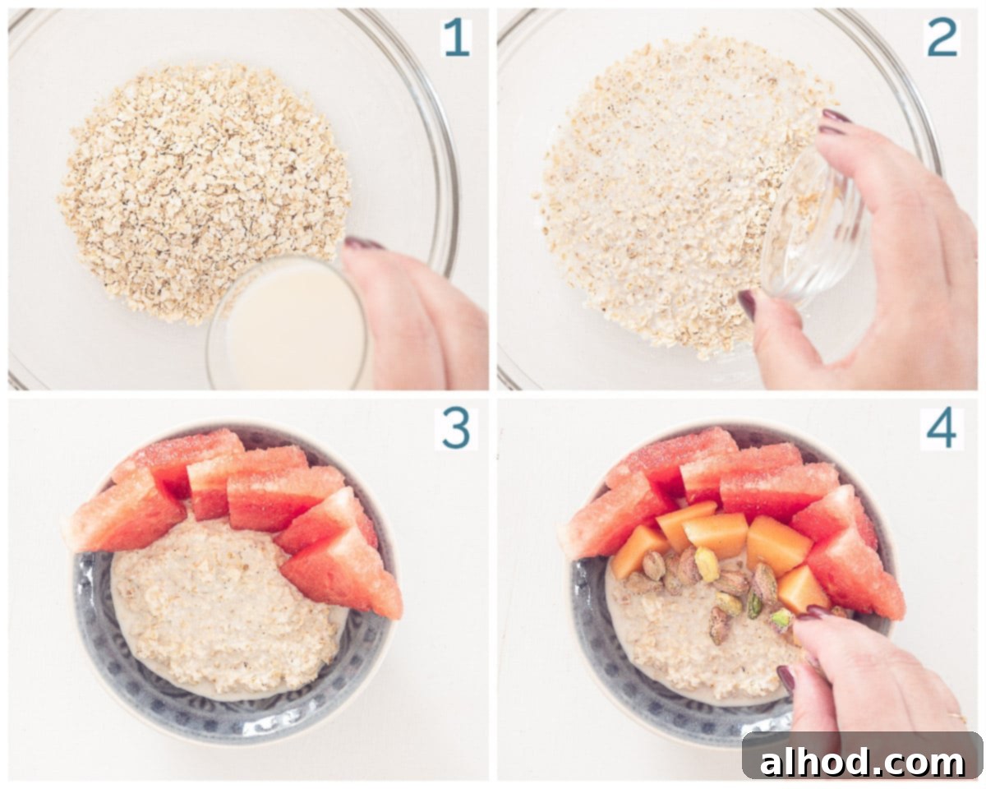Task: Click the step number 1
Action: pos(456,39)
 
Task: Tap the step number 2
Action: pos(942,39)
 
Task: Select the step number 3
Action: pos(456,429)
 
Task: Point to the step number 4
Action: pos(942,429)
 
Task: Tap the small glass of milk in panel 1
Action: pos(289,323)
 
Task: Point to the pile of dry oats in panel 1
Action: pos(204,192)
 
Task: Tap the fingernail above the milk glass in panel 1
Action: pos(363,243)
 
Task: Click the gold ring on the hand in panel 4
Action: pos(958,717)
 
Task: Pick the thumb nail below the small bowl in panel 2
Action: pos(747,303)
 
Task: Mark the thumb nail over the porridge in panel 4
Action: pos(786,679)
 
